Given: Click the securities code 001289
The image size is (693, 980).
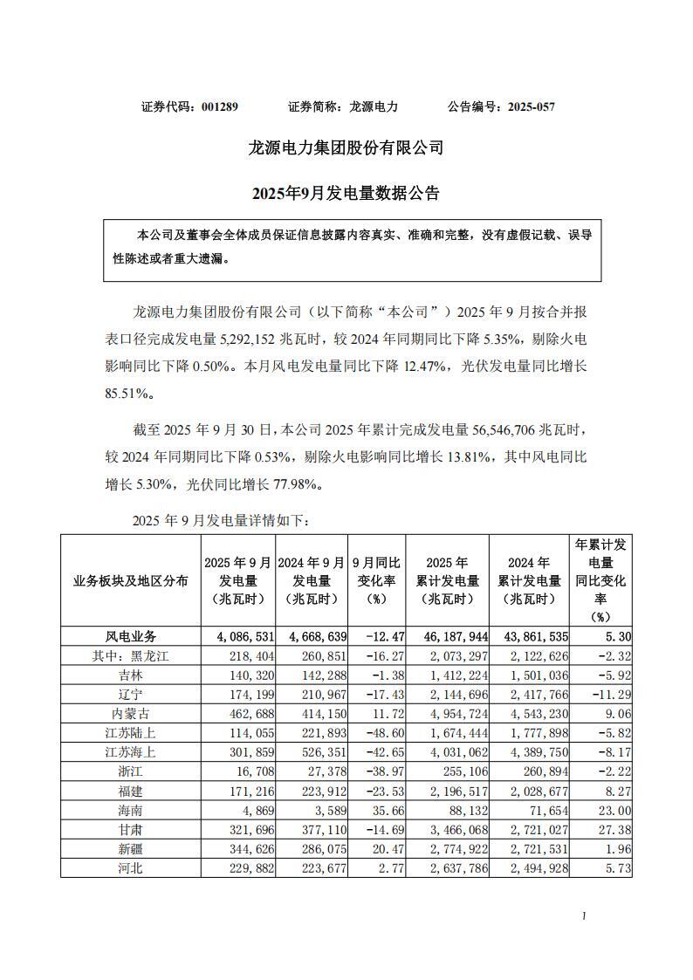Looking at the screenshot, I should click(x=219, y=106).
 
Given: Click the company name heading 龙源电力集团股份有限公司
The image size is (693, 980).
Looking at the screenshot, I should click(x=346, y=148).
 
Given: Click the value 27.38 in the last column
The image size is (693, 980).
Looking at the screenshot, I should click(x=614, y=829).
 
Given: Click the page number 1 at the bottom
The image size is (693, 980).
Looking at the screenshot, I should click(x=583, y=916).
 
